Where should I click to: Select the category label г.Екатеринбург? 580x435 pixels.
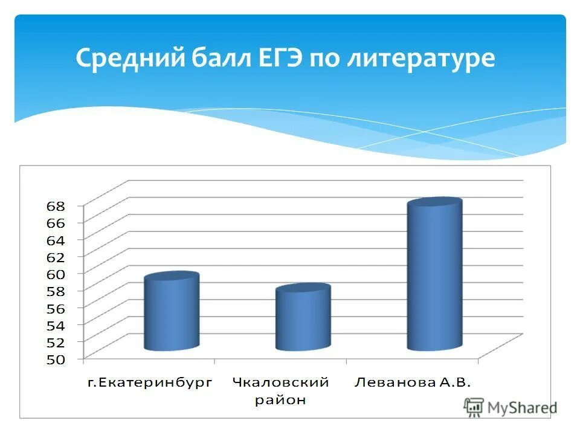150,382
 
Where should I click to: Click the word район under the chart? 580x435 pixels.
280,399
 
